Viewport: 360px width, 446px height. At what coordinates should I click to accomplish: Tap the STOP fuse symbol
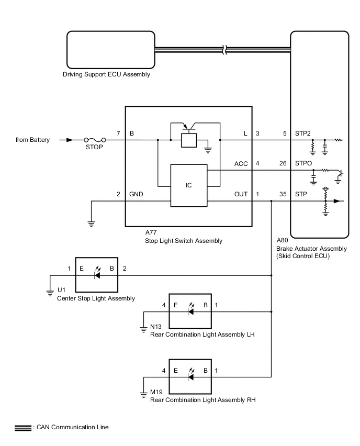point(96,140)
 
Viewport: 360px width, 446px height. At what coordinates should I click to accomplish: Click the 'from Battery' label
point(33,140)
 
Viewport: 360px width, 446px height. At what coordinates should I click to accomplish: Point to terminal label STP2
point(303,133)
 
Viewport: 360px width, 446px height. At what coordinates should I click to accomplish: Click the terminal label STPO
point(303,164)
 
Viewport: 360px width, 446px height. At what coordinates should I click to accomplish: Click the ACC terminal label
point(241,164)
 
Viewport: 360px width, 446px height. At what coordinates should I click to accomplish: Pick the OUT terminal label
point(241,194)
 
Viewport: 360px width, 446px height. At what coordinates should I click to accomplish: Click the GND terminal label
point(137,194)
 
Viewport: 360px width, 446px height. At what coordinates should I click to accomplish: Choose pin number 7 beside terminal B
point(118,133)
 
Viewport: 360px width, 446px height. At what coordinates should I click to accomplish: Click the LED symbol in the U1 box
point(97,274)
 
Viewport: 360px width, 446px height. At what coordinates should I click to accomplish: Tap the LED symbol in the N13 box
point(190,311)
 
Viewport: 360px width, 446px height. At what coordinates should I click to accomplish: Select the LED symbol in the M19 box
point(190,376)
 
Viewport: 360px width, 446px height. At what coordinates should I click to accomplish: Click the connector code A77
point(151,233)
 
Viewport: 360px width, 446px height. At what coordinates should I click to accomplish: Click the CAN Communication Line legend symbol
point(22,428)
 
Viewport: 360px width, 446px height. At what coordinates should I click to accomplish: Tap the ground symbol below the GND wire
point(91,223)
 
